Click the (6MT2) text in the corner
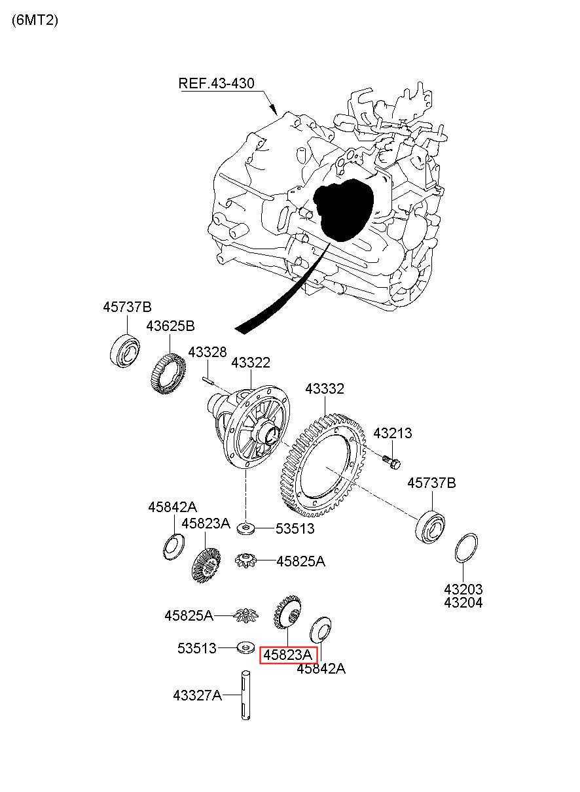coord(35,20)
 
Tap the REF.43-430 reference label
coord(216,84)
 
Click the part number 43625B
coord(170,326)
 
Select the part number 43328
coord(207,352)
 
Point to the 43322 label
coord(251,363)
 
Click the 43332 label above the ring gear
coord(325,389)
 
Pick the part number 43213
coord(392,434)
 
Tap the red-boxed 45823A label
coord(287,655)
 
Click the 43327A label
coord(197,696)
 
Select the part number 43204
coord(463,603)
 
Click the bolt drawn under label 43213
coord(391,462)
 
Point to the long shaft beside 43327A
coord(245,695)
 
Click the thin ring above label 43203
coord(465,547)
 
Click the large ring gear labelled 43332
coord(323,464)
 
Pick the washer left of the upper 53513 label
coord(245,529)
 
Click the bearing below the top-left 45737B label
coord(124,351)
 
